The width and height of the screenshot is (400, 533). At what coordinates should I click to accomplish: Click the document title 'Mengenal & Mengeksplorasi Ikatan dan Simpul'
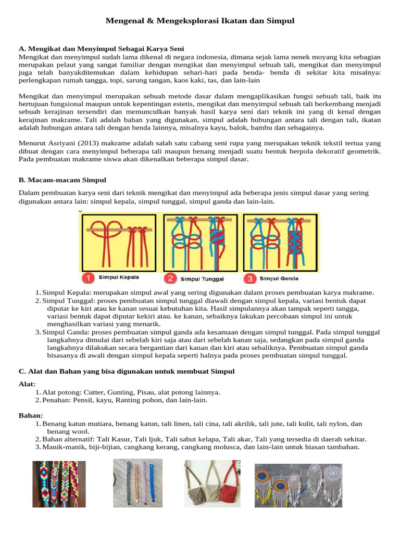pos(200,21)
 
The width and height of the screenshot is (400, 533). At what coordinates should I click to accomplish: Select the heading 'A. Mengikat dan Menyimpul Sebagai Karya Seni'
pos(101,48)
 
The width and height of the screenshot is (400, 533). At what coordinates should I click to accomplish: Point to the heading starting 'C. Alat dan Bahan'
pos(127,371)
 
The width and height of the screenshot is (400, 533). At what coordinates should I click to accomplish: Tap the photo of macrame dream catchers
pos(298,485)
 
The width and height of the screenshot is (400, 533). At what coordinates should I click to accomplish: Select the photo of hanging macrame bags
pos(211,484)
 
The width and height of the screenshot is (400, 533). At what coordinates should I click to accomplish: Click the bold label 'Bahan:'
pos(31,415)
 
